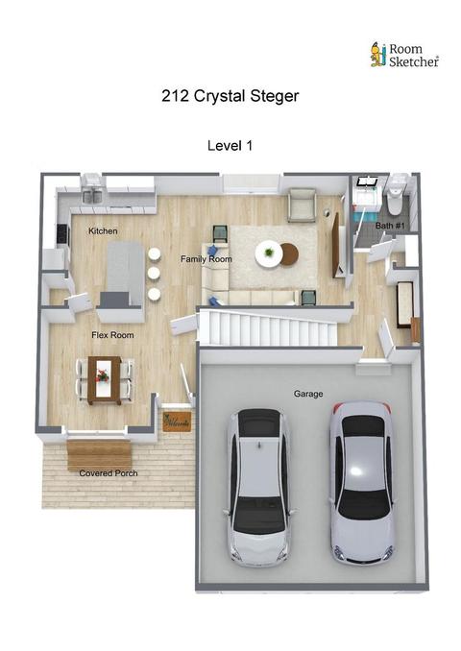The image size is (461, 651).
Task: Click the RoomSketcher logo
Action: (404, 55)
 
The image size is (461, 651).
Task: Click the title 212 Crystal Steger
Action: (230, 96)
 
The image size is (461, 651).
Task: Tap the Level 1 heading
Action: (230, 146)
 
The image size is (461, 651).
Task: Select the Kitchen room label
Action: (103, 230)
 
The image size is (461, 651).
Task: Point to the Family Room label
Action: (206, 258)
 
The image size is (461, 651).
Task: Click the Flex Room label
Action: (112, 335)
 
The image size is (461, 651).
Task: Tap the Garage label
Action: (308, 394)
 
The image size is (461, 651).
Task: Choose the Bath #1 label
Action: (390, 226)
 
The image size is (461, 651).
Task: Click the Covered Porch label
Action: (109, 473)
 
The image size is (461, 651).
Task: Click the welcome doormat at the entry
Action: (177, 422)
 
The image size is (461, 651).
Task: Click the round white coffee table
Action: (269, 253)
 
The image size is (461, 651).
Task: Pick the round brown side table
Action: (290, 253)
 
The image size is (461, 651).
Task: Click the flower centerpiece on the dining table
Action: (102, 376)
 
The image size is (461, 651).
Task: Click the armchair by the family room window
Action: (302, 205)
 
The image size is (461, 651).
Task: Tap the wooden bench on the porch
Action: (99, 455)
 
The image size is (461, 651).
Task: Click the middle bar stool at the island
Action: (154, 274)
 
